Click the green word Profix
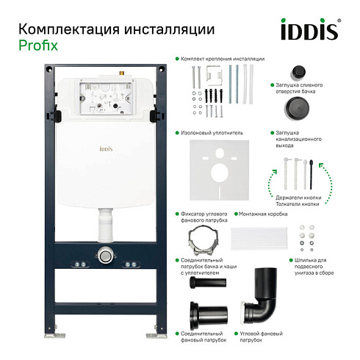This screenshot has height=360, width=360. pos(38,46)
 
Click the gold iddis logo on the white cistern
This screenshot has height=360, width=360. pos(106,148)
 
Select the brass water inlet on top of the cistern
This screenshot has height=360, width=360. pos(122,73)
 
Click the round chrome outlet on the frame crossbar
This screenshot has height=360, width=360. pos(106,256)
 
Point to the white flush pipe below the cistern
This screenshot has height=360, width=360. pos(106,225)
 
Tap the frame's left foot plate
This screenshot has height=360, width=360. pos(54,335)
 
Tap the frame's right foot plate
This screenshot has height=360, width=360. pos(156,335)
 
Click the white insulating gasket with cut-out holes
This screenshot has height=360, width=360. pos(220,170)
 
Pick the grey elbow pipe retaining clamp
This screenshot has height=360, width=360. pos(203,241)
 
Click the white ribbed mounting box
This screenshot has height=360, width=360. pos(259,238)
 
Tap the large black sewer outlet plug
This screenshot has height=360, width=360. pos(297,108)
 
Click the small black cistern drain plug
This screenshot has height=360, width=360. pos(298,73)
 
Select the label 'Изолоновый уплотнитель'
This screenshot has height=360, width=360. pos(212,133)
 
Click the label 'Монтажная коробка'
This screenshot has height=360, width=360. pos(263,214)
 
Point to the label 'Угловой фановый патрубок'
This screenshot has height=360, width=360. pos(261,336)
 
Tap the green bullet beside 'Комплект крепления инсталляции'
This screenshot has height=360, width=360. pos(177,59)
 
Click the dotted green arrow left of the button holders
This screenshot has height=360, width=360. pos(271,182)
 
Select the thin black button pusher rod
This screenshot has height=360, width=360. pos(312,174)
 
